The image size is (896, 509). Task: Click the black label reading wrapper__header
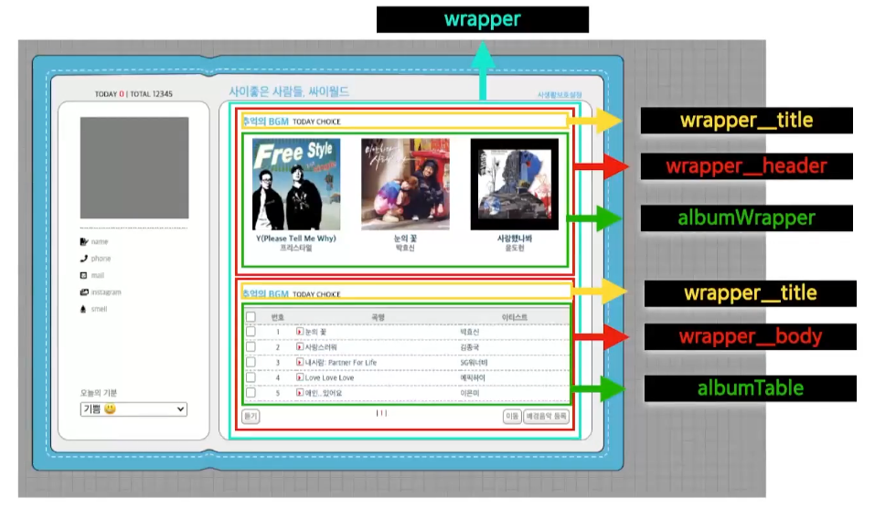coord(746,166)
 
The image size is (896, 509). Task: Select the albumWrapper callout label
coord(746,217)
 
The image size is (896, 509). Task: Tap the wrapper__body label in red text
coord(750,336)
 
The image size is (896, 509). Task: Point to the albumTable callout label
coord(750,388)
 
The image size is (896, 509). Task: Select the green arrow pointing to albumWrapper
coord(594,217)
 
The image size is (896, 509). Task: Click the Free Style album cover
coord(295,184)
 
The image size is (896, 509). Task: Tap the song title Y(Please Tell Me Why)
coord(295,239)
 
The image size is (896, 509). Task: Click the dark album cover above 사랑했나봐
coord(514,184)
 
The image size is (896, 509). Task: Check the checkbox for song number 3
coord(251,362)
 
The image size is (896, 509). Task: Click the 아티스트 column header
coord(514,317)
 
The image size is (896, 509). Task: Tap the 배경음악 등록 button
coord(547,416)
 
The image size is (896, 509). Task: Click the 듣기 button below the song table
coord(251,416)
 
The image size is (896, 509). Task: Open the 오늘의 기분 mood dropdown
coord(133,409)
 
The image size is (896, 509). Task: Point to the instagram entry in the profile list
coord(105,292)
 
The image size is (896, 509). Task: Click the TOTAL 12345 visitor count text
coord(152,94)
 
